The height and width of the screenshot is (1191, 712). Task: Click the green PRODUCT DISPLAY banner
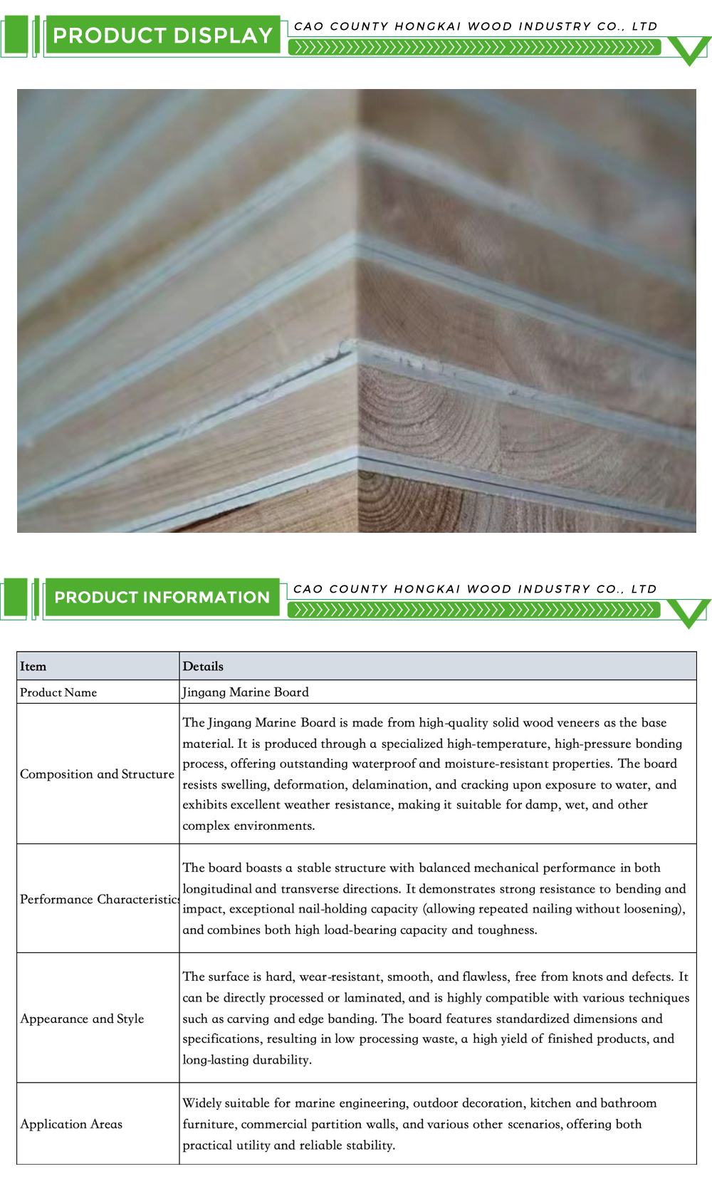pos(162,36)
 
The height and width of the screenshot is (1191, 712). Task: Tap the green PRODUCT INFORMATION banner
pos(162,598)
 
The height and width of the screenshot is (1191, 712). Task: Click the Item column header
pos(33,667)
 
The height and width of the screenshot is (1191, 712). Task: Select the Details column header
pos(203,667)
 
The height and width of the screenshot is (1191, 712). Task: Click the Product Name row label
pos(58,692)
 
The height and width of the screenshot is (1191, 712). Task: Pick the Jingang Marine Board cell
pos(246,692)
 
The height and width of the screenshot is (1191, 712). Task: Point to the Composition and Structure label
pos(97,774)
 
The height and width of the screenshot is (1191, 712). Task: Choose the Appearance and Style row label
pos(82,1019)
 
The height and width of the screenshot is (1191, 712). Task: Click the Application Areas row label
pos(71,1124)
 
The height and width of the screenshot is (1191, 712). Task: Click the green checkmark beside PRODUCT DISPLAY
pos(689,51)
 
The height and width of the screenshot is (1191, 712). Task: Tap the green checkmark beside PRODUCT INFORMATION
pos(689,613)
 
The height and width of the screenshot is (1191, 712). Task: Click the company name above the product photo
pos(476,26)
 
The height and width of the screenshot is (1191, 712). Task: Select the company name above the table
pos(475,589)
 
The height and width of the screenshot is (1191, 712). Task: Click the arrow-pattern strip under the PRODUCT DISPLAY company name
pos(474,48)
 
